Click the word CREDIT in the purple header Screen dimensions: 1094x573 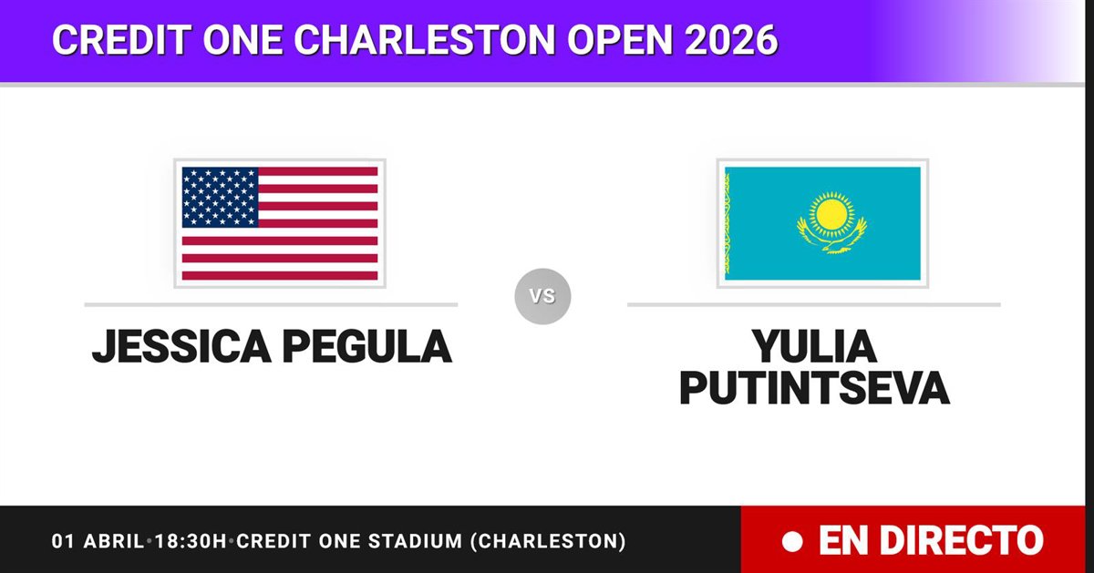coord(121,39)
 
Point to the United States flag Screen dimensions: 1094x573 coord(280,223)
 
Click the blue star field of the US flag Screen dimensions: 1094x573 coord(220,197)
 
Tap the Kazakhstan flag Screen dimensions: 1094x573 coord(822,223)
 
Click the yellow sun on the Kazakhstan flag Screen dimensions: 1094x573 coord(831,215)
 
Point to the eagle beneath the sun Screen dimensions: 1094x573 coord(832,238)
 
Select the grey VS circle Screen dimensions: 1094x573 coord(542,296)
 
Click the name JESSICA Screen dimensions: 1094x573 coord(181,346)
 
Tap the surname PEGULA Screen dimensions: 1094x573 coord(366,346)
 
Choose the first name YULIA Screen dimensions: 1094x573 coord(814,346)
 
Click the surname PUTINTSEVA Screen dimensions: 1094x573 coord(814,388)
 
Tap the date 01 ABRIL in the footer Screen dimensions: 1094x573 coord(98,541)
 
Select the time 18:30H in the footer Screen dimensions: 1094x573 coord(191,541)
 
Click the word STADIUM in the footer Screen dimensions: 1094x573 coord(415,541)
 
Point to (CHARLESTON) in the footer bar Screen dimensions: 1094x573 coord(548,541)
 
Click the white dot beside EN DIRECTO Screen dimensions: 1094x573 coord(792,542)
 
